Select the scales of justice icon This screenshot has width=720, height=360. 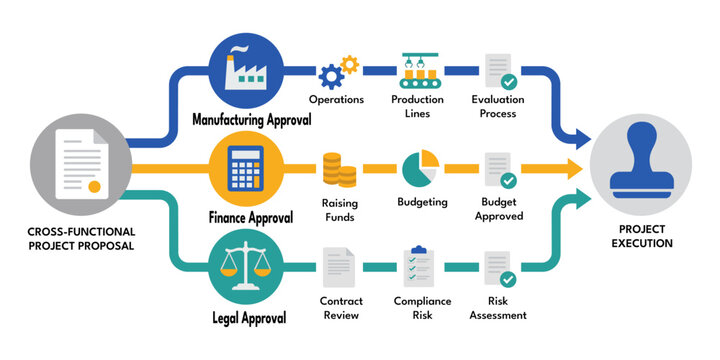pyautogui.click(x=243, y=268)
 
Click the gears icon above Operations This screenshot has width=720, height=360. pyautogui.click(x=338, y=73)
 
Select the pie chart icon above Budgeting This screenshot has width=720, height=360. pyautogui.click(x=421, y=169)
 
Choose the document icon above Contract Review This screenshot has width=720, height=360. pyautogui.click(x=337, y=266)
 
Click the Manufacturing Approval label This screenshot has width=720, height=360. pyautogui.click(x=252, y=119)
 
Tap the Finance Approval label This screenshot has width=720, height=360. pyautogui.click(x=250, y=217)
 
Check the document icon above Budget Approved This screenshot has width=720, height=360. pyautogui.click(x=500, y=170)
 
